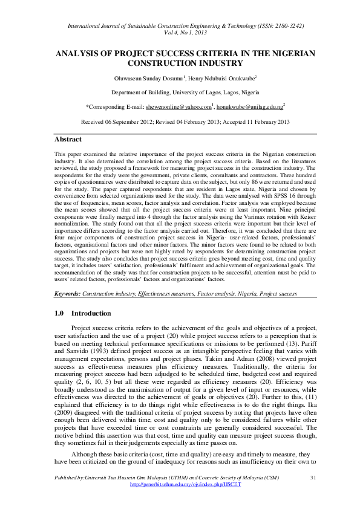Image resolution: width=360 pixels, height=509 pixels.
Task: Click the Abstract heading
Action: coord(68,139)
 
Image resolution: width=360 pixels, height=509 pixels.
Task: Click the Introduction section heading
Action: coord(91,313)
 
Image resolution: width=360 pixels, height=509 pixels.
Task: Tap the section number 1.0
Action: coord(59,313)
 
